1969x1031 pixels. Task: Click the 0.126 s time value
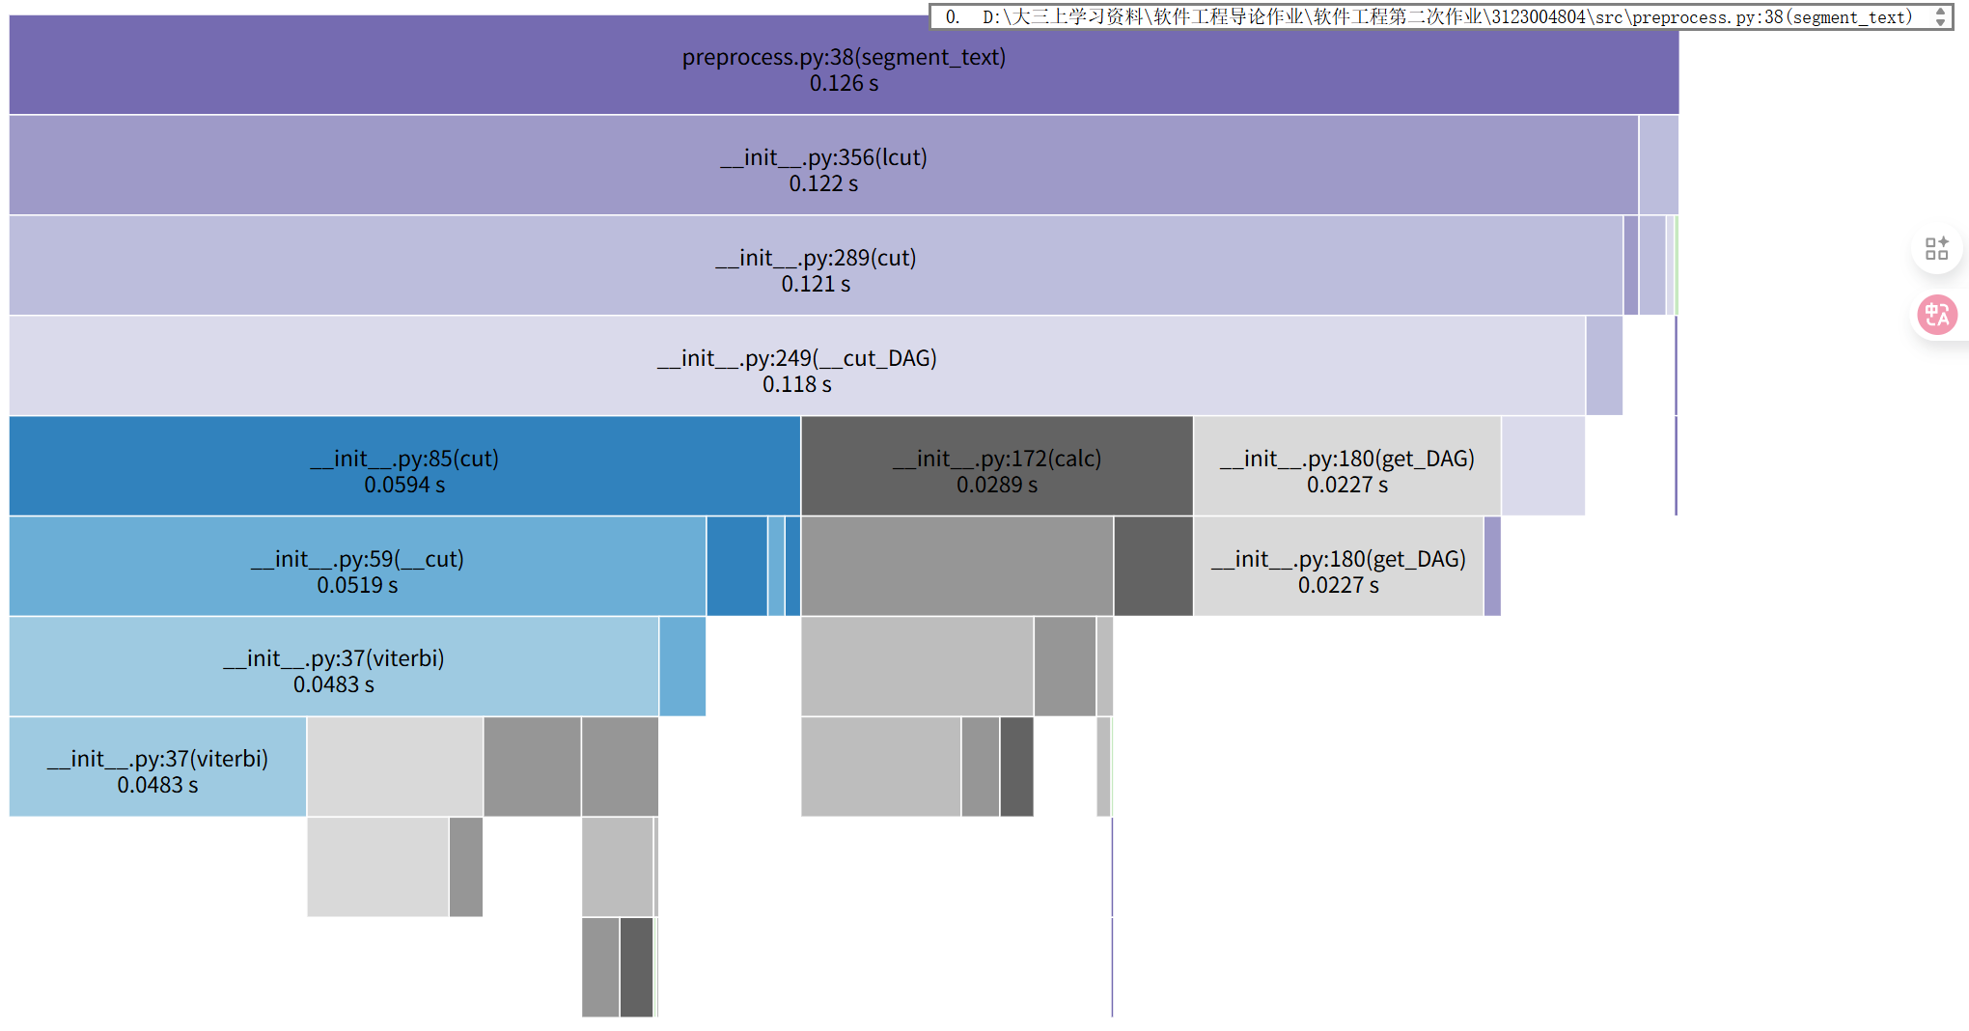[x=844, y=84]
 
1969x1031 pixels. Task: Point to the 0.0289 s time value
[x=997, y=486]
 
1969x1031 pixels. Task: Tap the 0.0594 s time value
[x=404, y=486]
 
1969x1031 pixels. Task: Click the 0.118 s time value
[x=796, y=385]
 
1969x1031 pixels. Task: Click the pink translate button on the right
[x=1936, y=315]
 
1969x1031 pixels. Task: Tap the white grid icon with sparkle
[x=1936, y=249]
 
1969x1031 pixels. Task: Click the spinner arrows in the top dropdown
[x=1940, y=17]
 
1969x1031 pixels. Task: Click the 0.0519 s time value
[x=357, y=586]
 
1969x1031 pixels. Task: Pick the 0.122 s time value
[x=822, y=184]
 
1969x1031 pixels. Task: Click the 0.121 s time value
[x=816, y=285]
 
